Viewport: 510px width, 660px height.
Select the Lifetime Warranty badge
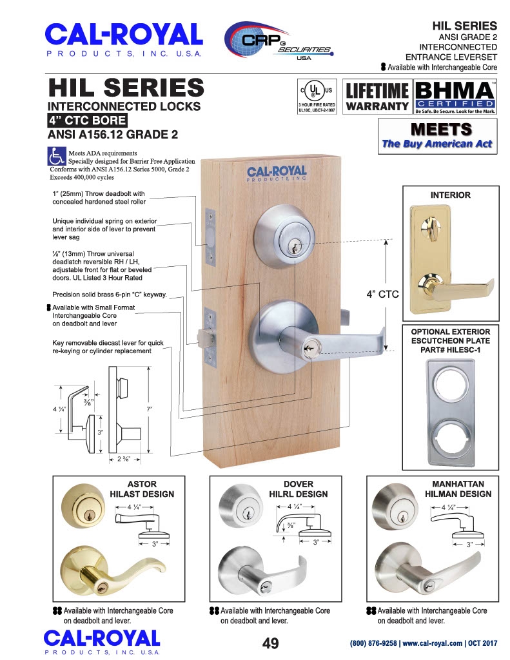coord(377,97)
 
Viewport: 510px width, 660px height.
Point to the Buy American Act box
coord(438,136)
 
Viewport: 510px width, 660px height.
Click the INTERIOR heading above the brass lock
coord(450,195)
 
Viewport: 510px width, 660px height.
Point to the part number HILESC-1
coord(450,349)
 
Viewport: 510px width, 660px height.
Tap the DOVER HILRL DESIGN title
coord(299,489)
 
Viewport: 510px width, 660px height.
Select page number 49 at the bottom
coord(270,643)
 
